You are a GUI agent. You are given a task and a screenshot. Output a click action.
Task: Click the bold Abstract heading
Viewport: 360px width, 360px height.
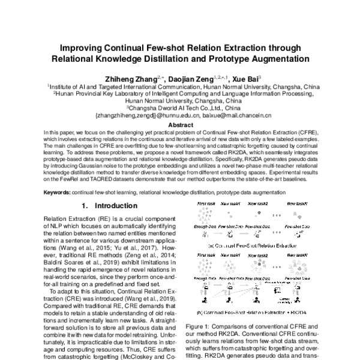tap(180, 125)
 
